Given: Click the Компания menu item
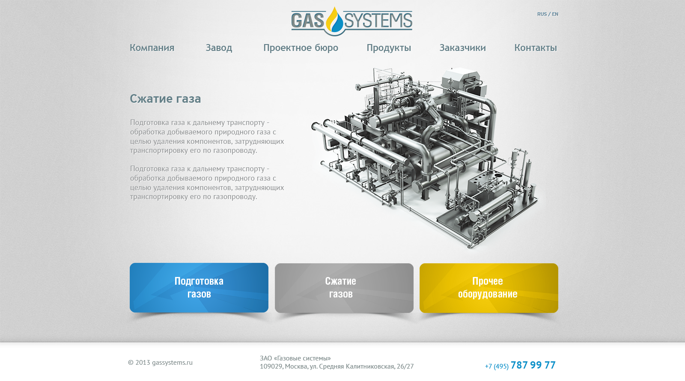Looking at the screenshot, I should [152, 48].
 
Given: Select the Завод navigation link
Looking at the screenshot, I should [219, 48].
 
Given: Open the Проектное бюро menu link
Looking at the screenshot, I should [301, 48].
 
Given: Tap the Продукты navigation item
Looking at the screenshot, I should [389, 48].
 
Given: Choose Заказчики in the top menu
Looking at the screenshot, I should [462, 48].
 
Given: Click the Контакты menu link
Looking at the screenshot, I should [536, 48].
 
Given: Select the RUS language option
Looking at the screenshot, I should [542, 14].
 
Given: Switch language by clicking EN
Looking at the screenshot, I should [555, 14].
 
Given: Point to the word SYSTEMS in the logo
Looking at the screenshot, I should [378, 21].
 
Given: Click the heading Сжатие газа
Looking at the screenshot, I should [165, 99].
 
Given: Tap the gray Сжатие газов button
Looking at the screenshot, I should [344, 288].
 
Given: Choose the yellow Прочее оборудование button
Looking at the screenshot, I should [488, 288].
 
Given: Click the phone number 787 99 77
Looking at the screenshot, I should [533, 365].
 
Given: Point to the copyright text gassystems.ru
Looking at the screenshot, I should [172, 363].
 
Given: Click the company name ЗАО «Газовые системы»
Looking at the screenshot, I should [295, 358].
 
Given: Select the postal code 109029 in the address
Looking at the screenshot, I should [271, 366].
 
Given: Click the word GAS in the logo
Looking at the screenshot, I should [307, 21].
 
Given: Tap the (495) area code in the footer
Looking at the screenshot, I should [501, 366].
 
